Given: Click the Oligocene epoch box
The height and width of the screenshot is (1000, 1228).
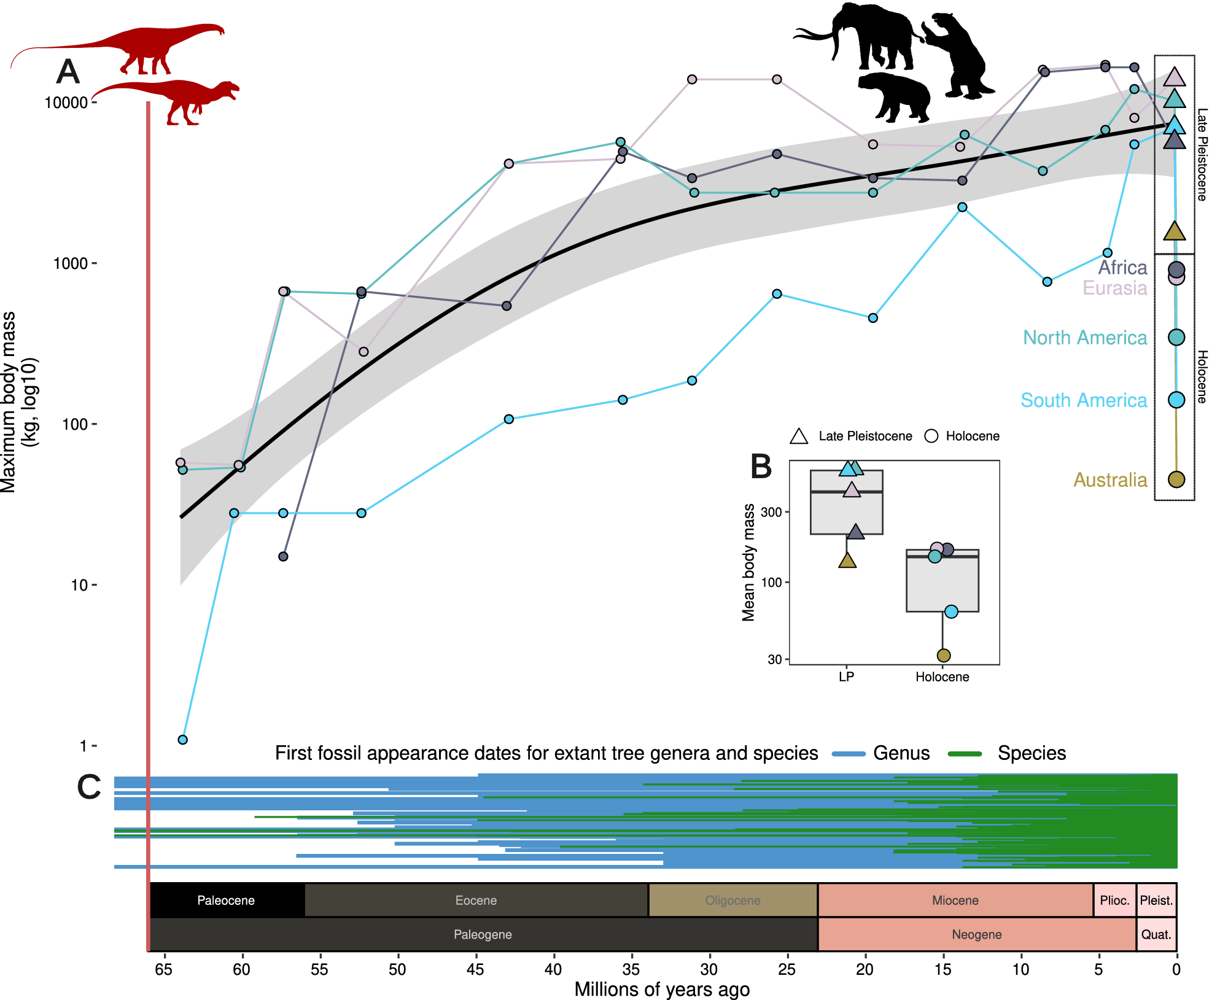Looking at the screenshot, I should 733,900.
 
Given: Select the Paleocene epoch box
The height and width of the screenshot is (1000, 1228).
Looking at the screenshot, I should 226,900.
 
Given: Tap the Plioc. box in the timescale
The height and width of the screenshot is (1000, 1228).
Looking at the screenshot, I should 1114,900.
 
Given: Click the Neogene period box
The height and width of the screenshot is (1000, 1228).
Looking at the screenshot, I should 976,934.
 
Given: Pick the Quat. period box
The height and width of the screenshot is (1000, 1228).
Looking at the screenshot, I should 1156,934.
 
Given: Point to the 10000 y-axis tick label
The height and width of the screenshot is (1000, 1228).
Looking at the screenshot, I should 66,103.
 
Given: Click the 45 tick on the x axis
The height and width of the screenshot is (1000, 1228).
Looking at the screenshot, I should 475,969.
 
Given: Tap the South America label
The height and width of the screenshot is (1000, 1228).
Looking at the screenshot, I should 1083,400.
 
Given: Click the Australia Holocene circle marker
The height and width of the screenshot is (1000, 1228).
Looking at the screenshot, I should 1176,479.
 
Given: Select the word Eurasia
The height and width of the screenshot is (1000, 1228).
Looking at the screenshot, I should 1114,288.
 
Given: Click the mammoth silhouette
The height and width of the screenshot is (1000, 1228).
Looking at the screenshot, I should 860,37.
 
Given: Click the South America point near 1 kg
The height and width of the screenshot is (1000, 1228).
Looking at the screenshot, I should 182,740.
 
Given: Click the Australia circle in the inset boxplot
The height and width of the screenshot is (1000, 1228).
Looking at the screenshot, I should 944,656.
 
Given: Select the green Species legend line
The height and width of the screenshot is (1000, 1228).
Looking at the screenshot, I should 965,754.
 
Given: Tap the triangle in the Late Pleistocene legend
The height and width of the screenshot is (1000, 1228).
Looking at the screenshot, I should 798,436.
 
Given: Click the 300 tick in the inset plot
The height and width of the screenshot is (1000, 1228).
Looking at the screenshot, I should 771,512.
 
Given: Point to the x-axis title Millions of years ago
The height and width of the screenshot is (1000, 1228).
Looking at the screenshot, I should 662,989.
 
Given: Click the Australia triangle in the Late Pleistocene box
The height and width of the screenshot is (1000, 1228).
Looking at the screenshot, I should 1174,232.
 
